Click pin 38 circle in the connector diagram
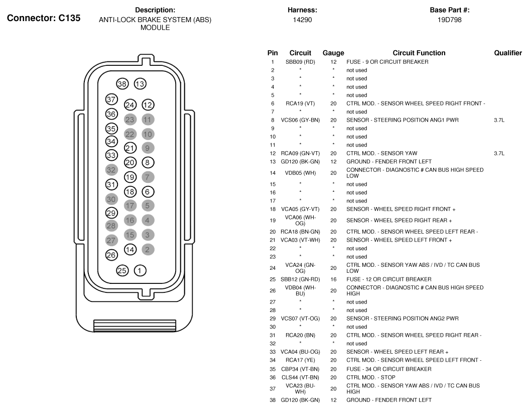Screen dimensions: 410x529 click(x=122, y=83)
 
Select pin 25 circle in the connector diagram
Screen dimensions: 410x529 click(x=122, y=271)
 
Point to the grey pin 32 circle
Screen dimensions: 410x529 click(x=111, y=170)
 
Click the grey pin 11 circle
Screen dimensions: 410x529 click(x=148, y=120)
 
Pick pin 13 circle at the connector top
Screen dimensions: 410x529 click(x=140, y=83)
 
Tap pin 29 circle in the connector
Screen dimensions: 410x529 click(x=111, y=213)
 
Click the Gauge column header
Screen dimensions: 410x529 click(x=333, y=53)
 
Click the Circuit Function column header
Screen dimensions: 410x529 click(x=419, y=53)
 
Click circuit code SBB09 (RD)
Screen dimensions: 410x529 click(x=300, y=62)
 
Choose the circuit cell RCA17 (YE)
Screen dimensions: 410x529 click(x=300, y=360)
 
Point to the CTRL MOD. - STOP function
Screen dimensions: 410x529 click(x=371, y=377)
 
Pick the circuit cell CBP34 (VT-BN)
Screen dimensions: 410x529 click(x=300, y=369)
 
